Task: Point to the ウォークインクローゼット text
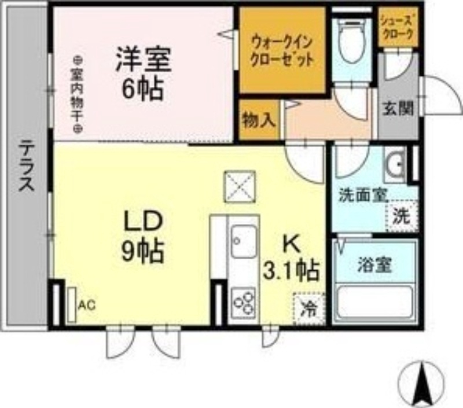[283, 50]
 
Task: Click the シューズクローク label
[396, 27]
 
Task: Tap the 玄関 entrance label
[398, 108]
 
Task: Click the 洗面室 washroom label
[361, 196]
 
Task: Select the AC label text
[85, 304]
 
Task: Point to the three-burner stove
[244, 300]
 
